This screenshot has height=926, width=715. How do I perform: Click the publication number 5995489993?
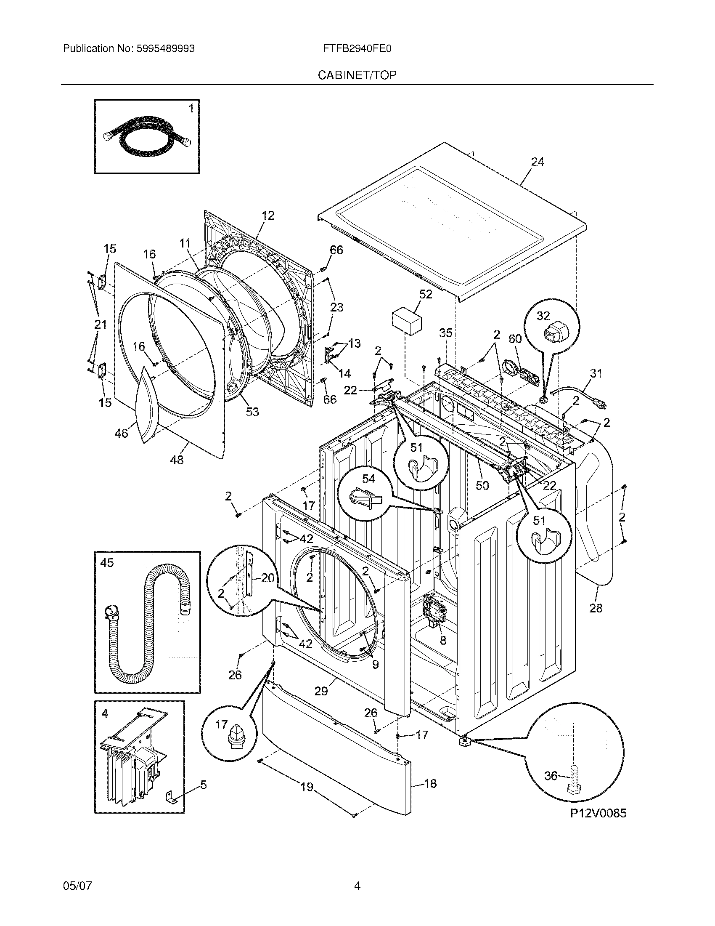click(x=165, y=49)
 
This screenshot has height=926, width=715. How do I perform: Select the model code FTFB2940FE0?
click(x=357, y=49)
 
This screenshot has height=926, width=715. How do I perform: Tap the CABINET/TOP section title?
click(x=357, y=75)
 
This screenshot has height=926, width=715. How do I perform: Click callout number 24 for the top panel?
click(x=537, y=162)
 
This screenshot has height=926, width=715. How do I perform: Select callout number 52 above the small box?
click(x=425, y=294)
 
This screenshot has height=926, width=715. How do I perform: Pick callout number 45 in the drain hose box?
click(x=107, y=563)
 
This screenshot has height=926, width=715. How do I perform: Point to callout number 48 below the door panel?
click(x=177, y=460)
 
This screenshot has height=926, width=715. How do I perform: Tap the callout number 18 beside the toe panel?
click(x=430, y=784)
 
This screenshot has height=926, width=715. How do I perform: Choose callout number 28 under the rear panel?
click(x=596, y=608)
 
